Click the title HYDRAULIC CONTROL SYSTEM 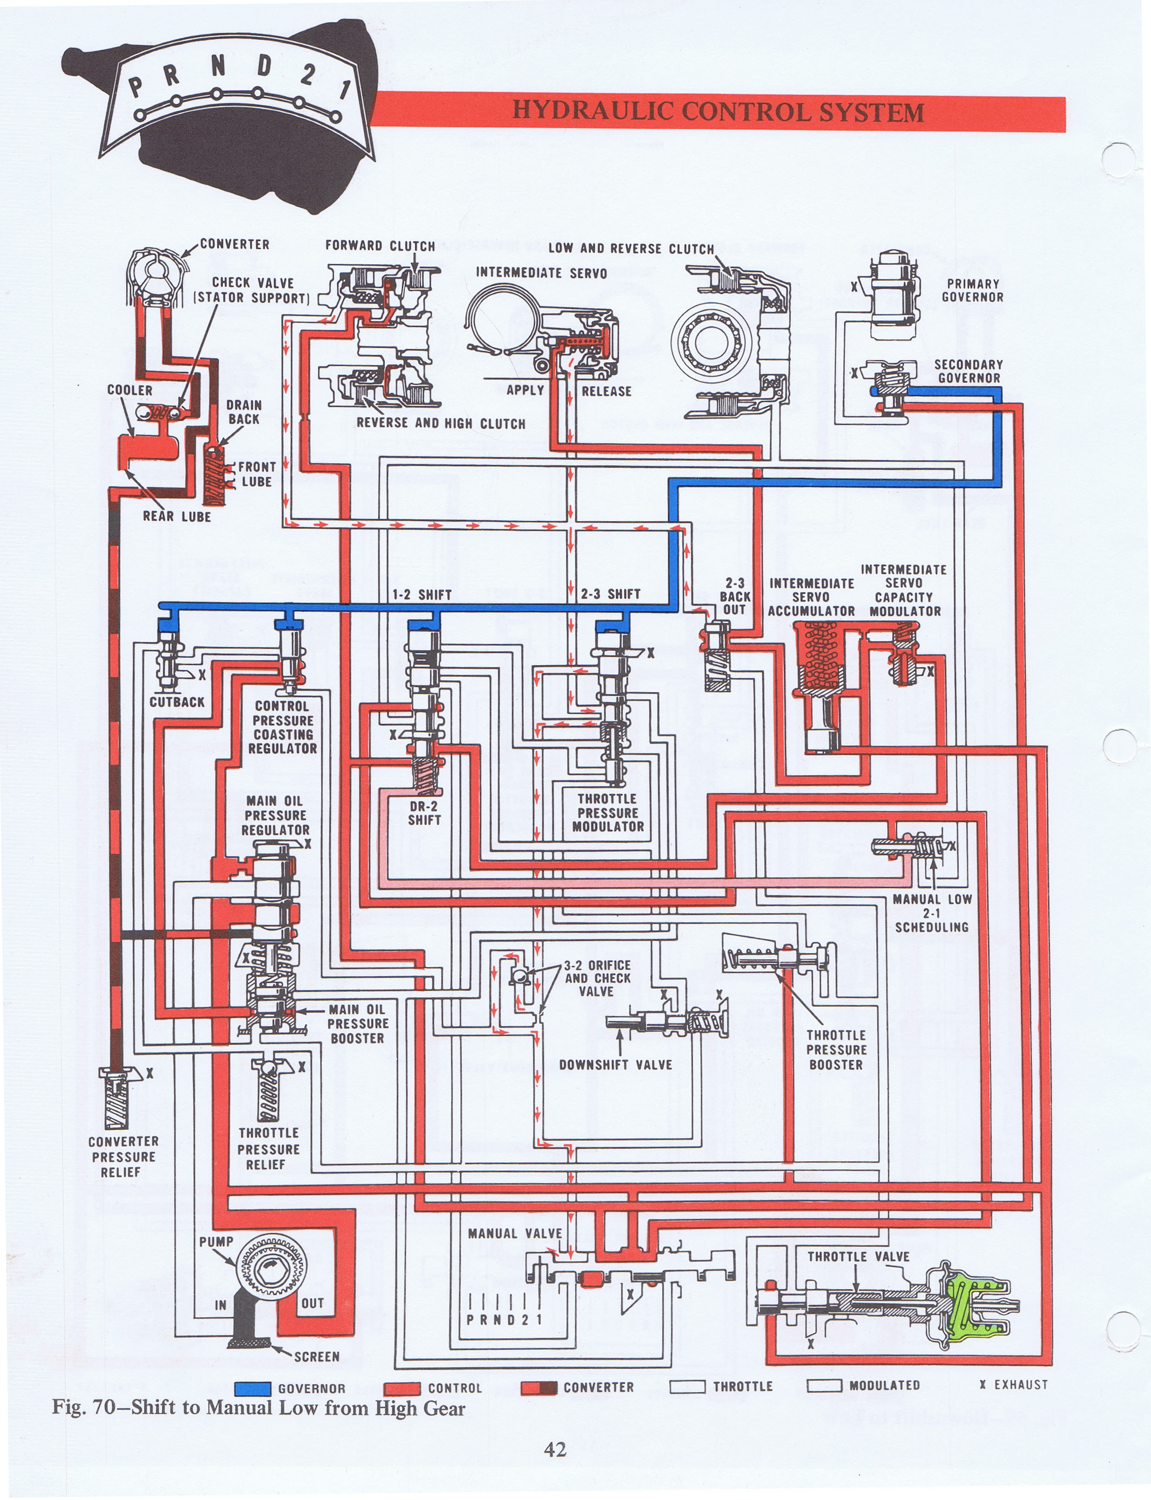pyautogui.click(x=718, y=112)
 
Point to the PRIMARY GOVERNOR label pyautogui.click(x=972, y=290)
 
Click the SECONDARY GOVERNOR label pyautogui.click(x=969, y=371)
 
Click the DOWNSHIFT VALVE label pyautogui.click(x=615, y=1065)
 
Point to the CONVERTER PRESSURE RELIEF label pyautogui.click(x=123, y=1157)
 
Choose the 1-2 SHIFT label pyautogui.click(x=421, y=594)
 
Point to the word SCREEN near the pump pyautogui.click(x=317, y=1356)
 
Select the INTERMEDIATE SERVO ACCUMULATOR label pyautogui.click(x=811, y=596)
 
